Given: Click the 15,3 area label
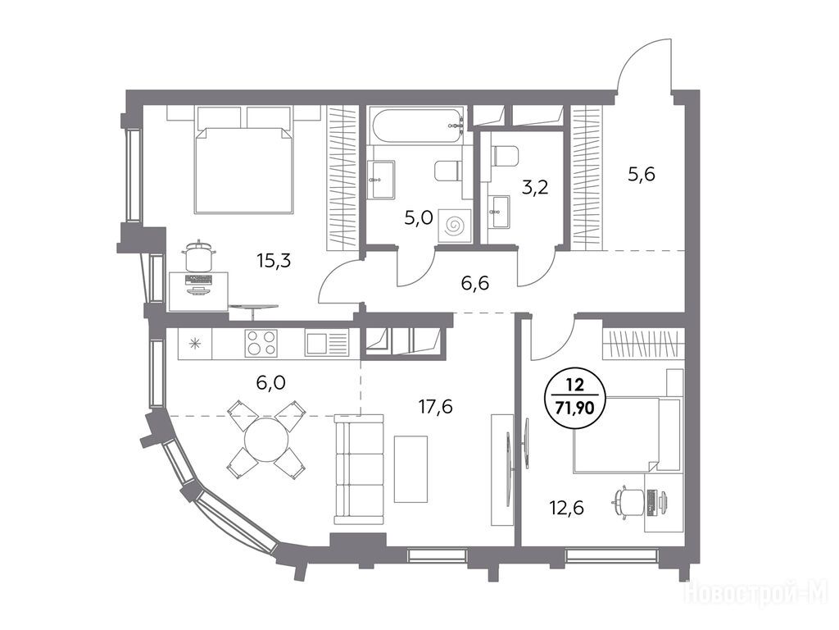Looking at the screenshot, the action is [x=274, y=261].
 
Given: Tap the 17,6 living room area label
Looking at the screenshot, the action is [x=436, y=407].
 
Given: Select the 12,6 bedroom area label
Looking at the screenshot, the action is [x=567, y=507].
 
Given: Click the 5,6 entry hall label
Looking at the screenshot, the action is [x=641, y=174].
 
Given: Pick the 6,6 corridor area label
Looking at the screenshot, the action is [x=474, y=282].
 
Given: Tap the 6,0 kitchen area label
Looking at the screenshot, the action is [x=270, y=382].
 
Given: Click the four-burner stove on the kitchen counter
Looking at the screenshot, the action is [x=261, y=343].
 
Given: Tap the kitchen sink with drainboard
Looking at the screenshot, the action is [x=326, y=343].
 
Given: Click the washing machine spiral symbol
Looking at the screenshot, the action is [x=455, y=226].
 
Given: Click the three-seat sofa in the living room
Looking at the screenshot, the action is [x=359, y=469].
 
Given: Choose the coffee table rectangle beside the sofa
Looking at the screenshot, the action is [x=411, y=468].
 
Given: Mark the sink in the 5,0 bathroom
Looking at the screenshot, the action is [x=382, y=179].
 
